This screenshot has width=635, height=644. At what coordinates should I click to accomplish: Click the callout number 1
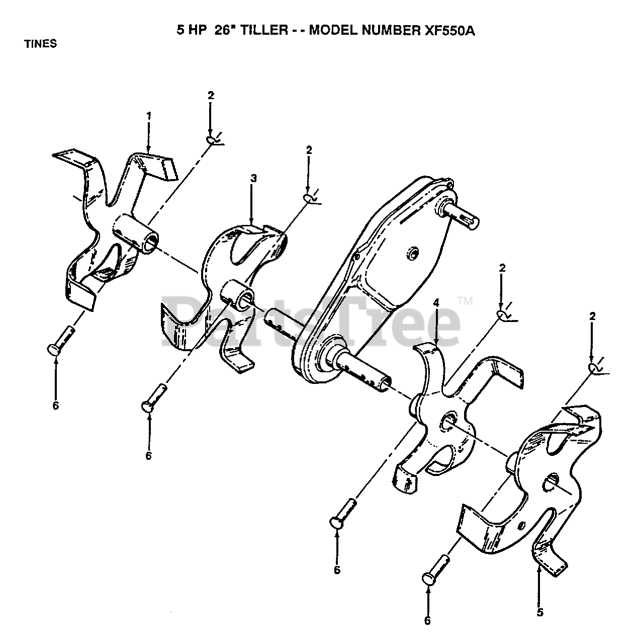[149, 115]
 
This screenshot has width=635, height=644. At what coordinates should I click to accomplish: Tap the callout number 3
[254, 178]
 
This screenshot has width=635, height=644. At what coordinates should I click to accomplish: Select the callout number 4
[436, 303]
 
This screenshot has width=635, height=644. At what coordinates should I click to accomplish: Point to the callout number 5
[540, 613]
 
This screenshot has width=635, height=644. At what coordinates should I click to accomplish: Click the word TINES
[41, 44]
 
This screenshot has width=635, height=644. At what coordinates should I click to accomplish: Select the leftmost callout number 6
[55, 406]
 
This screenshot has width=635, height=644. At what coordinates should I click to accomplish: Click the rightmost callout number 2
[593, 316]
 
